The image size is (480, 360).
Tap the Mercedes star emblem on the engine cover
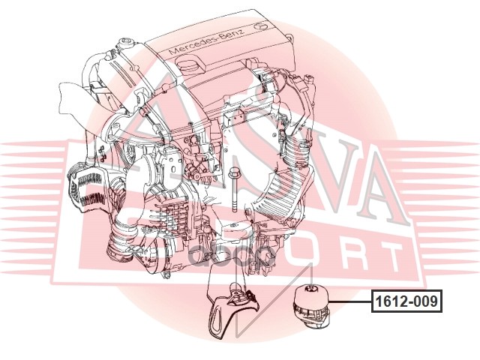coord(262,25)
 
